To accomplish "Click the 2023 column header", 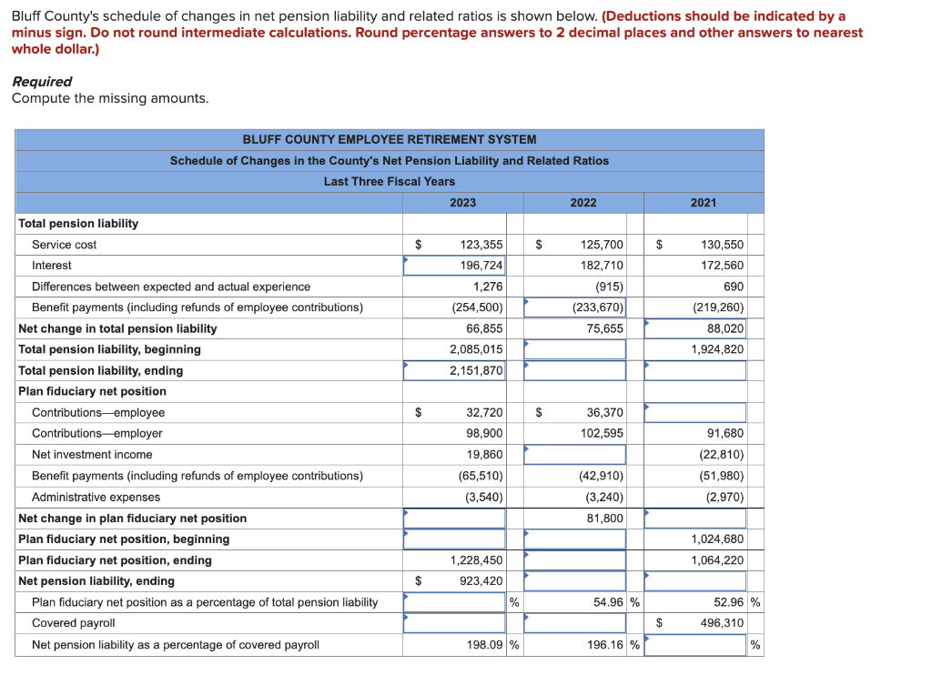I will click(x=462, y=202).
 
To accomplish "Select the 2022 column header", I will click(x=583, y=202).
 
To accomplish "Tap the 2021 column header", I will click(x=703, y=202).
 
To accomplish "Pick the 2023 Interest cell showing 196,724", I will click(x=455, y=266).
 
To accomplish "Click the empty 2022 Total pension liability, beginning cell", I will click(x=574, y=349).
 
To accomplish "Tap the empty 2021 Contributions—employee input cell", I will click(x=694, y=413).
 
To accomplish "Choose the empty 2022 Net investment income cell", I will click(x=574, y=455).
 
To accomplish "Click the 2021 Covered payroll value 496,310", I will click(x=722, y=623).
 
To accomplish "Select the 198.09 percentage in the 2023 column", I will click(x=482, y=645).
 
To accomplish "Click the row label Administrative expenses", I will click(x=96, y=498).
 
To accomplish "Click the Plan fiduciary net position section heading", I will click(x=92, y=391).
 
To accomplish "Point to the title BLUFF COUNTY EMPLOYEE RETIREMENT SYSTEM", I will click(x=389, y=139).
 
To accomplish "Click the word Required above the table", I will click(x=42, y=81).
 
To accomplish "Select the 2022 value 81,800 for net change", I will click(x=604, y=519).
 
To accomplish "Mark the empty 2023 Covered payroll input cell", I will click(x=454, y=623).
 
